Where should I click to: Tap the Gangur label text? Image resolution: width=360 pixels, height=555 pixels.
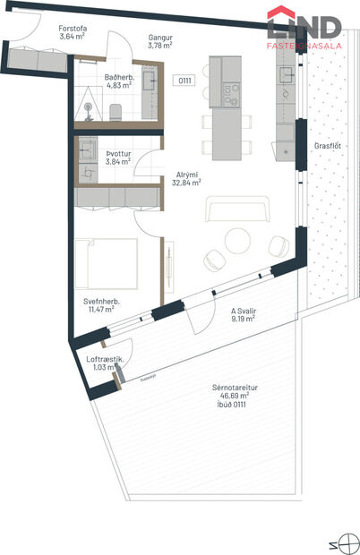(x=161, y=38)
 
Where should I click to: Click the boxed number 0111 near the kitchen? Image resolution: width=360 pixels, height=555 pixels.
(x=184, y=81)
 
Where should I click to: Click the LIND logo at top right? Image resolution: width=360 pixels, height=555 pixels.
(x=304, y=25)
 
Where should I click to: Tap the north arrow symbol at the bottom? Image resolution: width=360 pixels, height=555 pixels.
(x=346, y=542)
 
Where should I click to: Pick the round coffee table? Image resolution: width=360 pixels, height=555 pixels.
(x=237, y=240)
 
